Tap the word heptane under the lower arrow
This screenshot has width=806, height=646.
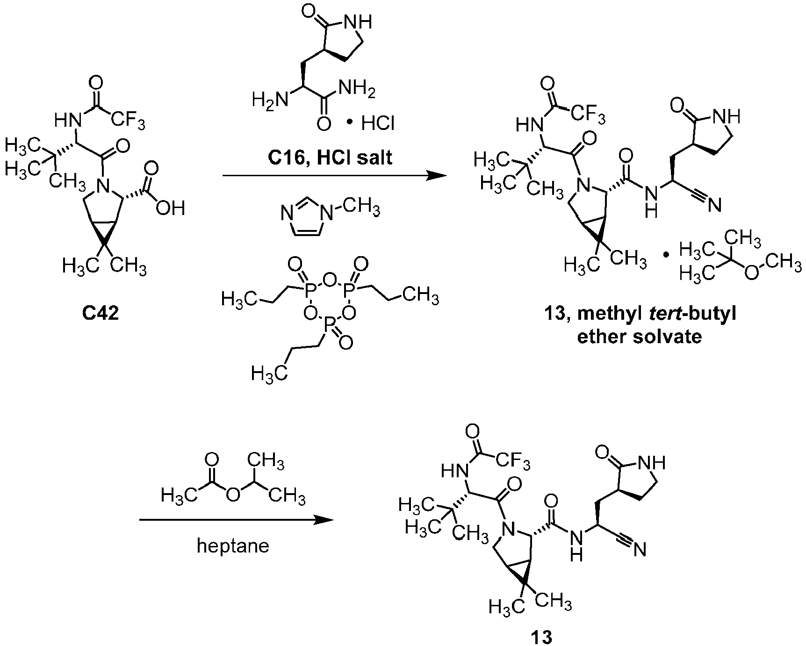(233, 546)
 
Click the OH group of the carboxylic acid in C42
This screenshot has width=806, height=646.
(171, 208)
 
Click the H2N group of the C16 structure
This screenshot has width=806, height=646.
(268, 100)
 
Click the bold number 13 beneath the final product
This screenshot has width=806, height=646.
(541, 637)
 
